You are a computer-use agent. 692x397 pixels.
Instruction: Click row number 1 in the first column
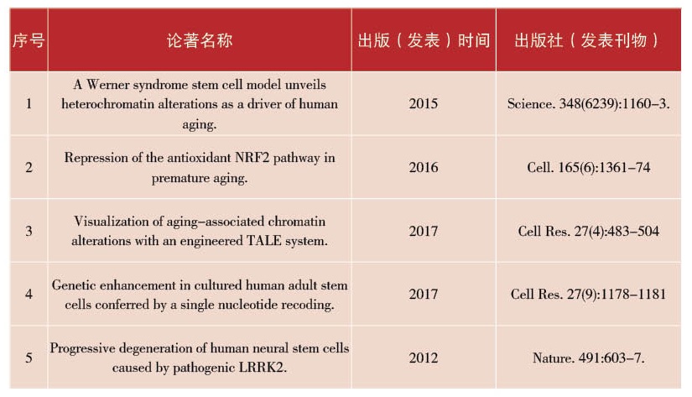click(29, 104)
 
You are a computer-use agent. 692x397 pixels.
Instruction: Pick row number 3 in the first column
click(29, 231)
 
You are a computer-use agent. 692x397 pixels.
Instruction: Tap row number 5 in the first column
click(29, 358)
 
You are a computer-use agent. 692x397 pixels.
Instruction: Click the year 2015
click(424, 104)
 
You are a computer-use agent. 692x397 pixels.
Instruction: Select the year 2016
click(424, 167)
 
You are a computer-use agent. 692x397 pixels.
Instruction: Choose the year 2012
click(424, 358)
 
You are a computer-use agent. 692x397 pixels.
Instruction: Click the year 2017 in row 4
click(424, 295)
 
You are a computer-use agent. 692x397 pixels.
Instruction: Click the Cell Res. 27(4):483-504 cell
click(588, 231)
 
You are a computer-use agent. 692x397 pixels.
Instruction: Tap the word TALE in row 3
click(268, 241)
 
